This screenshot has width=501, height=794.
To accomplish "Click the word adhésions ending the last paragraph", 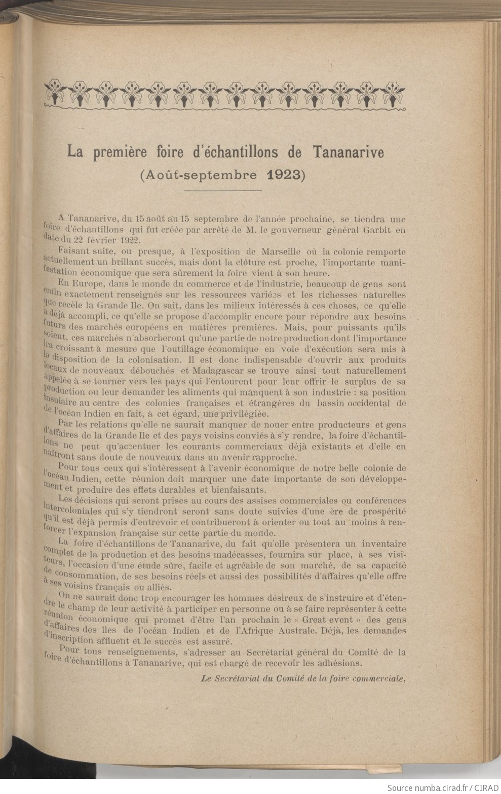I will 339,663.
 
